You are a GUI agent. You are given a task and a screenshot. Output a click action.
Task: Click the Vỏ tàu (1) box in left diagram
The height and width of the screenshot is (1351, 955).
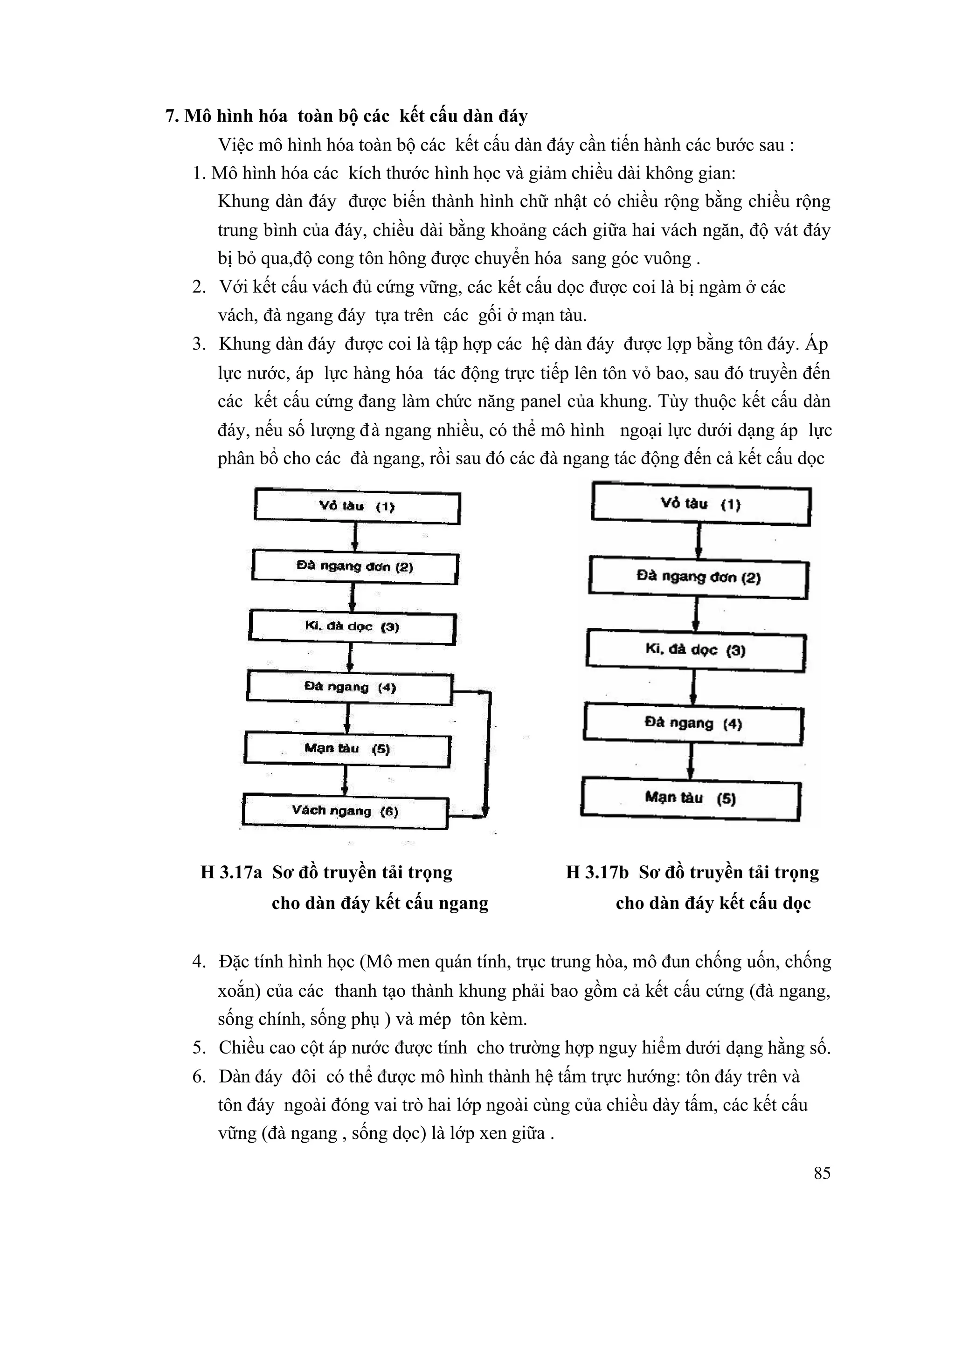[x=357, y=508]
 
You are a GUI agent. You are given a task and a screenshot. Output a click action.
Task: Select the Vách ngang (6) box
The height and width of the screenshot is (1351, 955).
[x=346, y=813]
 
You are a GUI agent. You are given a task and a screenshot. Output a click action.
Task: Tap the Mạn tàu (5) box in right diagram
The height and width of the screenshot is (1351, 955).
[x=690, y=799]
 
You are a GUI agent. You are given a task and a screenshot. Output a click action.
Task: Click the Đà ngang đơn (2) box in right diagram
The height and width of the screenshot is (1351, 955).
[x=699, y=579]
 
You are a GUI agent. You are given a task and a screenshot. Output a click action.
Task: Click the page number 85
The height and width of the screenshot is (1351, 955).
[x=822, y=1185]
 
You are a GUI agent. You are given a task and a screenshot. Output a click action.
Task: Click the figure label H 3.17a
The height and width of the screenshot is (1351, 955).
[x=231, y=873]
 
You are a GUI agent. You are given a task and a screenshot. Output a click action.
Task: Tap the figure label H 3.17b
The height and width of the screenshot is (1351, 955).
[x=597, y=873]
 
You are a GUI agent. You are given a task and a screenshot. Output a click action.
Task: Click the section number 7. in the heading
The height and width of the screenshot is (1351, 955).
[x=172, y=117]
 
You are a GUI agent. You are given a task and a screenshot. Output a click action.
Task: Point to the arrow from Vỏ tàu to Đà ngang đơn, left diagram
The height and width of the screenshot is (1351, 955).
[x=355, y=537]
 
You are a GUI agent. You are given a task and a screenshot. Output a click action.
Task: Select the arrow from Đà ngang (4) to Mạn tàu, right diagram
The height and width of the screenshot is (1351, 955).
[x=692, y=762]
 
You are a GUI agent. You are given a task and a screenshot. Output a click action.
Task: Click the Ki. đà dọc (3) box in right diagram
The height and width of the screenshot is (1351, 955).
[x=696, y=651]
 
